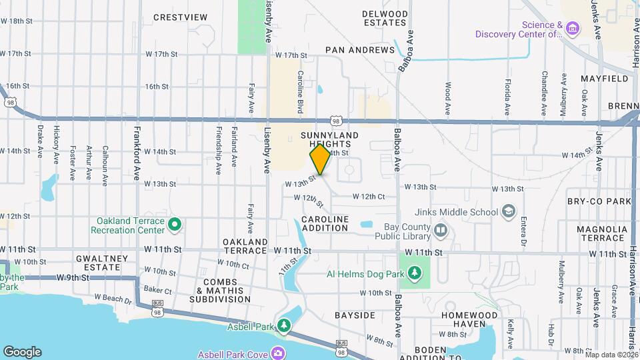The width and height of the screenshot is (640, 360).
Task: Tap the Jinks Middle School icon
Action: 509,211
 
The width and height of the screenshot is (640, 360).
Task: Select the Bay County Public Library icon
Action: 440,231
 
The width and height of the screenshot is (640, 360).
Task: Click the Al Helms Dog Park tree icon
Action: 415,273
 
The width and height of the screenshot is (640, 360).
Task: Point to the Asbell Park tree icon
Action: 285,325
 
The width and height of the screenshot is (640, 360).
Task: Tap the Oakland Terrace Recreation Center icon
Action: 175,225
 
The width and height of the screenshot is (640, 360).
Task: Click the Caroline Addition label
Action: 325,223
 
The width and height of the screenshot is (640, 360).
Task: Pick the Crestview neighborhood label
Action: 176,17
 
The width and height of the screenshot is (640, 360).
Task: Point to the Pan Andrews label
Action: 360,50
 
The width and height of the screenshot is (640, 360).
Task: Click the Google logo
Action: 22,352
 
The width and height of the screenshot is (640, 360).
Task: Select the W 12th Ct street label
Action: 369,197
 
